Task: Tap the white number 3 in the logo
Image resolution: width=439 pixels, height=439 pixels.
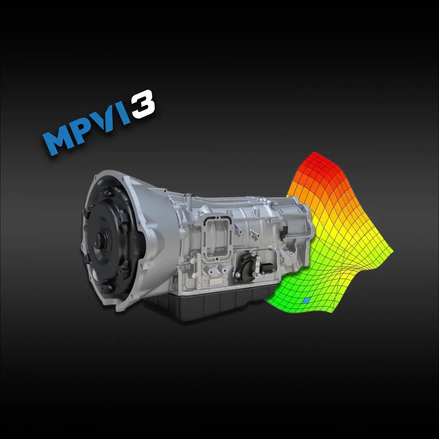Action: (143, 104)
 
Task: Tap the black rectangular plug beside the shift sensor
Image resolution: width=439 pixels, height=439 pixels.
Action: (267, 268)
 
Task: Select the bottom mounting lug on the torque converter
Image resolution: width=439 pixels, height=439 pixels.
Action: (106, 287)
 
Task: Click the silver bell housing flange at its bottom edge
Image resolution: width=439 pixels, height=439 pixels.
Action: (122, 305)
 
